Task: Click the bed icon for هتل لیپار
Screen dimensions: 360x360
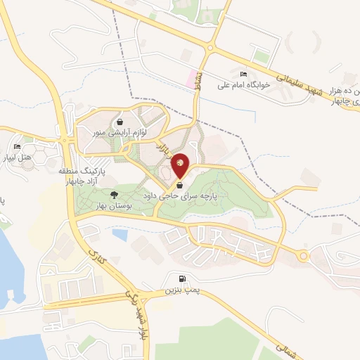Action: pyautogui.click(x=18, y=146)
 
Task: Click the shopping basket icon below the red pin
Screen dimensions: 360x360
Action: pyautogui.click(x=181, y=185)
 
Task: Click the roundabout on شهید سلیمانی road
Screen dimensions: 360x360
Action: pyautogui.click(x=208, y=47)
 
